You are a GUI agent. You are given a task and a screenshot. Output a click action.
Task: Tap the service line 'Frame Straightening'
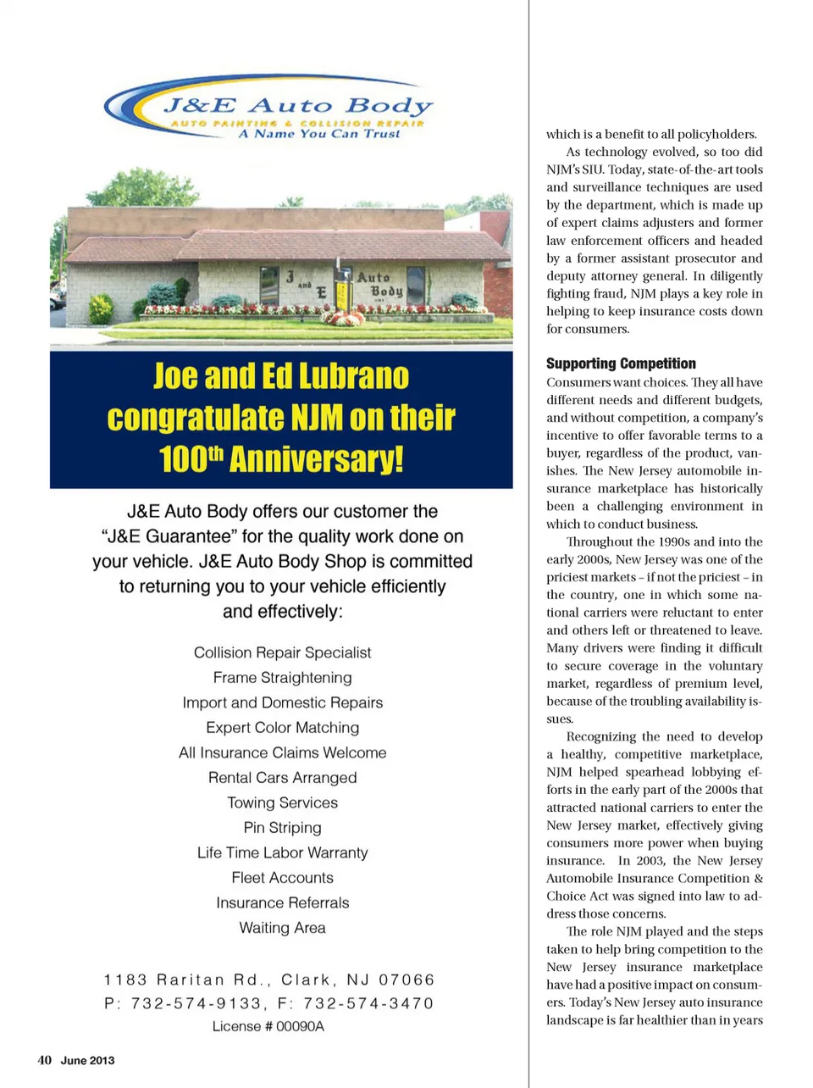(282, 678)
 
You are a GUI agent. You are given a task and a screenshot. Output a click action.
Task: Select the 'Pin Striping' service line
(282, 828)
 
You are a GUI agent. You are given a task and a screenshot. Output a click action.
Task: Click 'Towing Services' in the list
(282, 802)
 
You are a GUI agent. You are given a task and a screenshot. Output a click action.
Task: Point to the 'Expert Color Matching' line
(282, 728)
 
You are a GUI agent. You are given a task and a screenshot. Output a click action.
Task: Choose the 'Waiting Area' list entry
(282, 928)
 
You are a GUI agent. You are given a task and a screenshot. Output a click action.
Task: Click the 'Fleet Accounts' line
(282, 878)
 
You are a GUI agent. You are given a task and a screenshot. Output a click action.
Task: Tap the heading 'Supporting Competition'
(621, 364)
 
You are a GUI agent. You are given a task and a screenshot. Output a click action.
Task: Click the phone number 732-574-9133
(196, 1003)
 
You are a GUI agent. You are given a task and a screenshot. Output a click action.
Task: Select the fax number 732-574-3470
(368, 1003)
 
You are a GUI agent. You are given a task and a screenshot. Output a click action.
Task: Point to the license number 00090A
(300, 1026)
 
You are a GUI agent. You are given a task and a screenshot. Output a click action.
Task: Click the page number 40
(44, 1060)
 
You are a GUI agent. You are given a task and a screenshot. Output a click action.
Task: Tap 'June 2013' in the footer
(87, 1060)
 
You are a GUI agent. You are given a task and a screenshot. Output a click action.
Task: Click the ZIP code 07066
(406, 980)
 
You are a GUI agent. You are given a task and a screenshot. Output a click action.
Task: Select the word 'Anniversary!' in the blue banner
(316, 459)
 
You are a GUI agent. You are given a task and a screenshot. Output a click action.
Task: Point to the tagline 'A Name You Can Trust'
(319, 134)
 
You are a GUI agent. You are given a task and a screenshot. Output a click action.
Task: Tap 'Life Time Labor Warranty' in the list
(282, 852)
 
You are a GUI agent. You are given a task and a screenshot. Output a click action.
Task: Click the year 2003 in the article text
(650, 861)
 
